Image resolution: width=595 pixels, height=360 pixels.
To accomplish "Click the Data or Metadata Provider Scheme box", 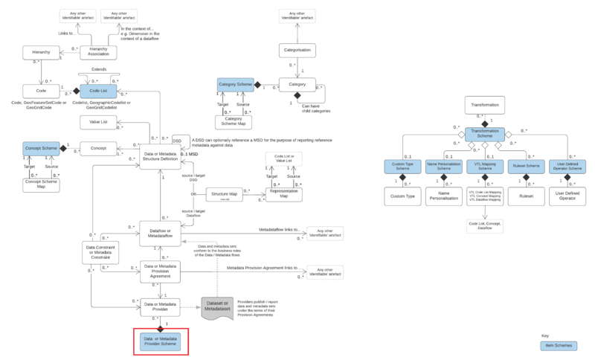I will [161, 341].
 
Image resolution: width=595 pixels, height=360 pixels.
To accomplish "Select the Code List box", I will [93, 91].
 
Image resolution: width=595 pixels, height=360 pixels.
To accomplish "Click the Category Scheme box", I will [235, 85].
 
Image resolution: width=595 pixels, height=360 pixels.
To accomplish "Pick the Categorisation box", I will [297, 51].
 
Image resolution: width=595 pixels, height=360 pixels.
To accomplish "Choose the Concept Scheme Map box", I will [42, 184].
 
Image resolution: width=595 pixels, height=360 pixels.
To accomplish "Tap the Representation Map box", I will [286, 194].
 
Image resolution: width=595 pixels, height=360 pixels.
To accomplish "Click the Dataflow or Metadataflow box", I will [161, 233].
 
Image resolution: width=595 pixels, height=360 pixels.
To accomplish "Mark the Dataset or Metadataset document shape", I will [219, 306].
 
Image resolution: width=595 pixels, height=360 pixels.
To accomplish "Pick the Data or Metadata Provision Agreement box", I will [161, 271].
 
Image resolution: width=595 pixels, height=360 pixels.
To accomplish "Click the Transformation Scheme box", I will [485, 134].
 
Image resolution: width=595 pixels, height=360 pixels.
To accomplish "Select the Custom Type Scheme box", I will [402, 167].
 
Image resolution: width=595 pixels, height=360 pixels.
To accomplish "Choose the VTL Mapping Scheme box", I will [485, 167].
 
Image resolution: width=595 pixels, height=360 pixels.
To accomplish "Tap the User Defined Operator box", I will [567, 197].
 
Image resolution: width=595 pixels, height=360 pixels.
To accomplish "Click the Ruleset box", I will [526, 197].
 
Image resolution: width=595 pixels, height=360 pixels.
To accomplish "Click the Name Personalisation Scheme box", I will [444, 167].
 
